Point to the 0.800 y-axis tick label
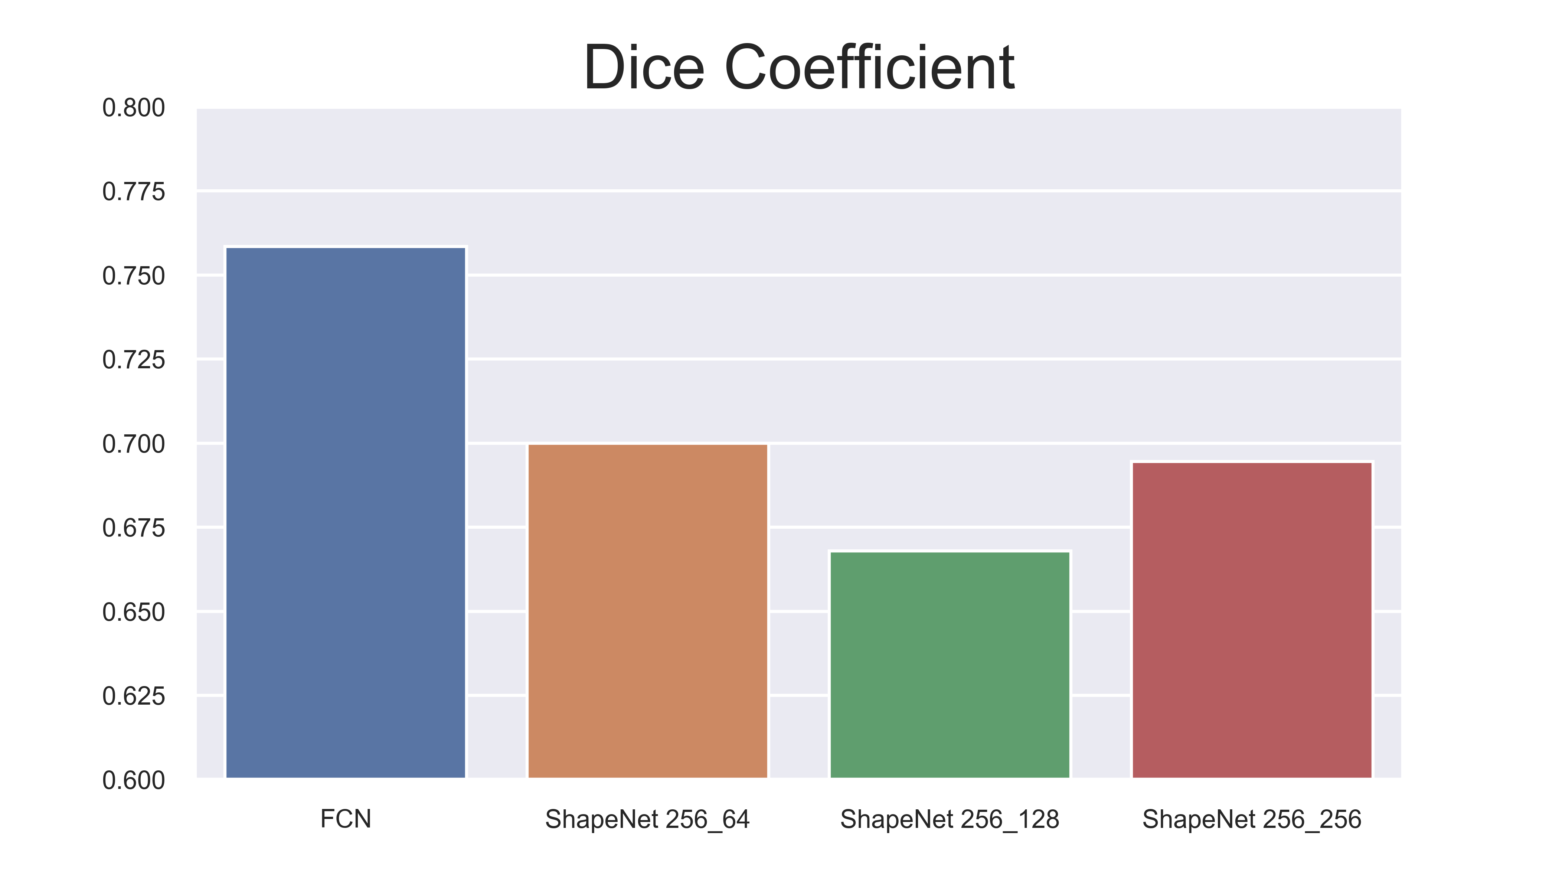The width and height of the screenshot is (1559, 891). point(133,108)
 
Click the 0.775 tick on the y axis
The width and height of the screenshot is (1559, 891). point(133,192)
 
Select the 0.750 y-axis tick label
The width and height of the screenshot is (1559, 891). point(133,277)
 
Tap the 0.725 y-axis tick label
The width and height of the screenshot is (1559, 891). point(133,360)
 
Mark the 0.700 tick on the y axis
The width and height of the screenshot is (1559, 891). point(133,444)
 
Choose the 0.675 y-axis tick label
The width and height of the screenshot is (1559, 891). point(133,528)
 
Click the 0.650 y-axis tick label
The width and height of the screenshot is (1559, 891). point(133,613)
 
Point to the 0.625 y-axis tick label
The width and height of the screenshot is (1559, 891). point(133,696)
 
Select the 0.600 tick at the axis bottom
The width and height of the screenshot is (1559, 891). point(133,781)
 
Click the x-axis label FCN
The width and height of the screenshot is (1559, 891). point(346,819)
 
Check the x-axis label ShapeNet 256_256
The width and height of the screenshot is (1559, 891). point(1252,819)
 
